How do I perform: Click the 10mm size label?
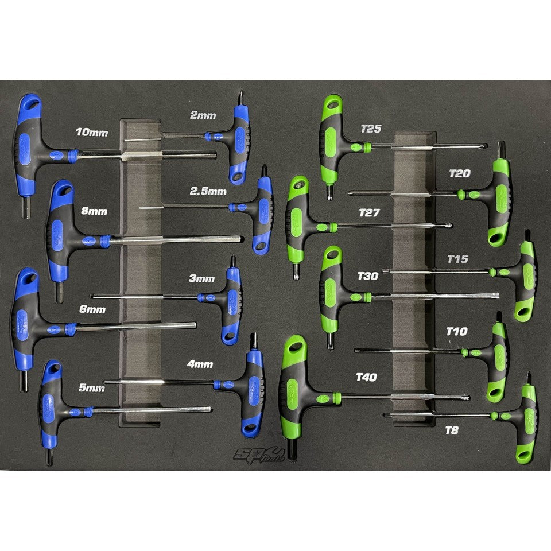pos(92,132)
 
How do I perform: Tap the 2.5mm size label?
pos(208,191)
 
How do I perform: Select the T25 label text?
pos(371,129)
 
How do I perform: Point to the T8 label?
pos(452,430)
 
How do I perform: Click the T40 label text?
pos(367,377)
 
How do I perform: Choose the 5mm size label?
pos(91,387)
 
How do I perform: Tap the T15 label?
pos(458,259)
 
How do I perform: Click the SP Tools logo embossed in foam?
pos(259,456)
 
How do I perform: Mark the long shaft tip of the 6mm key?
pos(195,325)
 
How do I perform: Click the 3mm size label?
pos(201,278)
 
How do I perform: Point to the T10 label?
pos(457,331)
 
